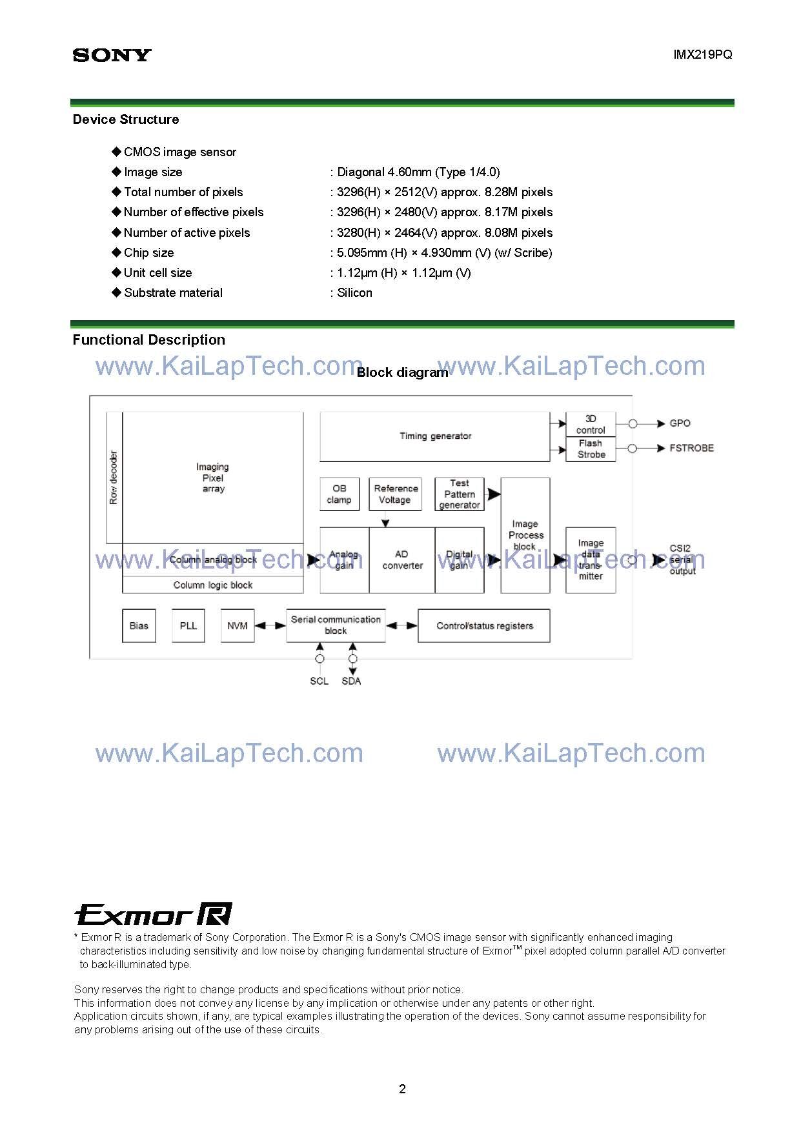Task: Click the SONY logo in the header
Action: pos(112,56)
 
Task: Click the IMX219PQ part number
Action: pos(702,55)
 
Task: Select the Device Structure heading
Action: pos(126,119)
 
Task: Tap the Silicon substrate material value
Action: pos(354,293)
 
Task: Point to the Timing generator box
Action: pos(435,436)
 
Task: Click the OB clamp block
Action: pos(340,494)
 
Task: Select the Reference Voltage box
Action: pos(395,494)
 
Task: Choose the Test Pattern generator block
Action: pos(460,494)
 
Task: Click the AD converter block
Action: pos(402,560)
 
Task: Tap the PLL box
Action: pos(188,626)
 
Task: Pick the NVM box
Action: pos(237,626)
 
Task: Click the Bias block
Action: pos(139,626)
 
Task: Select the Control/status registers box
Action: pos(484,626)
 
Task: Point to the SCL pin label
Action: pos(319,682)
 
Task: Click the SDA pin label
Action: pos(351,682)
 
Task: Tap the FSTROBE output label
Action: pos(691,448)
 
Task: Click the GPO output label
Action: pos(680,423)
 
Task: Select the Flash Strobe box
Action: pos(591,449)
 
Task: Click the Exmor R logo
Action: pos(153,915)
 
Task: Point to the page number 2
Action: pos(403,1089)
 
